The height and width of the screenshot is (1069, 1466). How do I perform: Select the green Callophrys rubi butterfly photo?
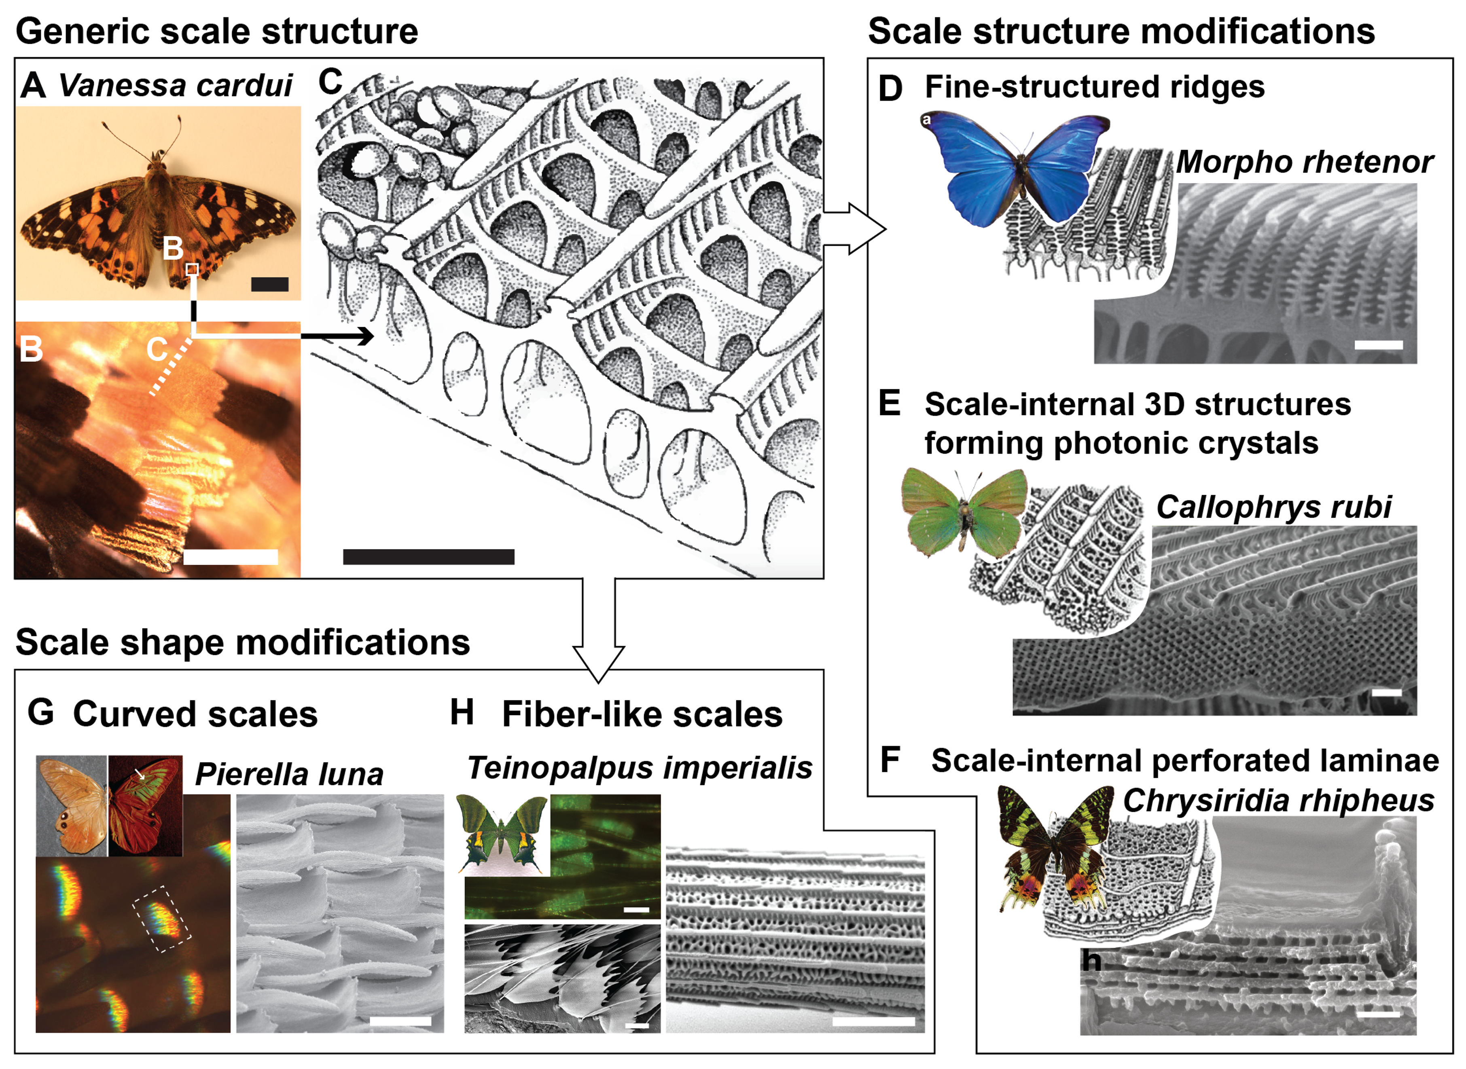point(964,511)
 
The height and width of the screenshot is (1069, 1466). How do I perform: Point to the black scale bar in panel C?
point(428,556)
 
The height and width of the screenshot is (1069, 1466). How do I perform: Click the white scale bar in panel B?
point(231,556)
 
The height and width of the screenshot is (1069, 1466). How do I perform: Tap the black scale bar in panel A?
point(269,284)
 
